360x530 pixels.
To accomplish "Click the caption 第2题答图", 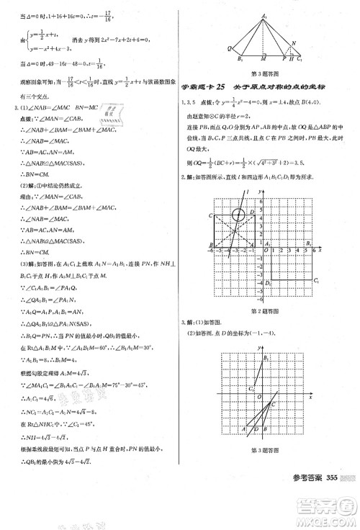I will (x=265, y=311).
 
